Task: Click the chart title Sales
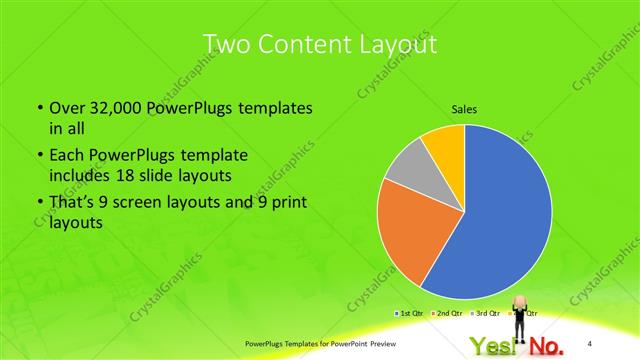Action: click(x=464, y=109)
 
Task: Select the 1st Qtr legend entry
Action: click(x=409, y=314)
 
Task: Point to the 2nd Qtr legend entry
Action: click(x=447, y=314)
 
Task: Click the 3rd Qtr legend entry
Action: click(x=486, y=314)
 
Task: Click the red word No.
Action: click(x=546, y=346)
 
